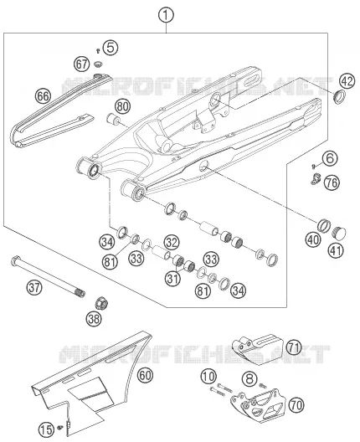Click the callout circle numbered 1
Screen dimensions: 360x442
click(166, 15)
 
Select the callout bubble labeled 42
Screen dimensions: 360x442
click(347, 81)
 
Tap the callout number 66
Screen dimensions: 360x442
click(44, 96)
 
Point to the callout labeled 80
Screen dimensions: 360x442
click(122, 107)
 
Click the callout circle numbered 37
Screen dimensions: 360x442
click(34, 287)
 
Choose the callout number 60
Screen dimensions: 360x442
click(145, 375)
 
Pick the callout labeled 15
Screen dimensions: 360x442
click(46, 429)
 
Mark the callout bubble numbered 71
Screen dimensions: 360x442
click(294, 347)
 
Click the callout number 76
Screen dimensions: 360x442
click(332, 182)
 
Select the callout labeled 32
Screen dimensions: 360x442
click(172, 242)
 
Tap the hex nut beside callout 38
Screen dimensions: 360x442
click(101, 303)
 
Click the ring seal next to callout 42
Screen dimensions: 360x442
click(340, 96)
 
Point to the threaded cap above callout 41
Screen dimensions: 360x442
click(338, 233)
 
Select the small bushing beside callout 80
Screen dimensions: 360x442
click(113, 119)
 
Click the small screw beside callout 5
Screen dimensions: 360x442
click(98, 51)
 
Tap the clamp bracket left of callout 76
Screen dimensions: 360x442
click(316, 179)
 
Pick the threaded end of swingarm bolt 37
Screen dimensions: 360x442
click(80, 293)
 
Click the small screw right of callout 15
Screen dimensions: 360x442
click(59, 427)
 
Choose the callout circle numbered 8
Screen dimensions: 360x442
click(249, 378)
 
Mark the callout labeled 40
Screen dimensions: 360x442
click(313, 240)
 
